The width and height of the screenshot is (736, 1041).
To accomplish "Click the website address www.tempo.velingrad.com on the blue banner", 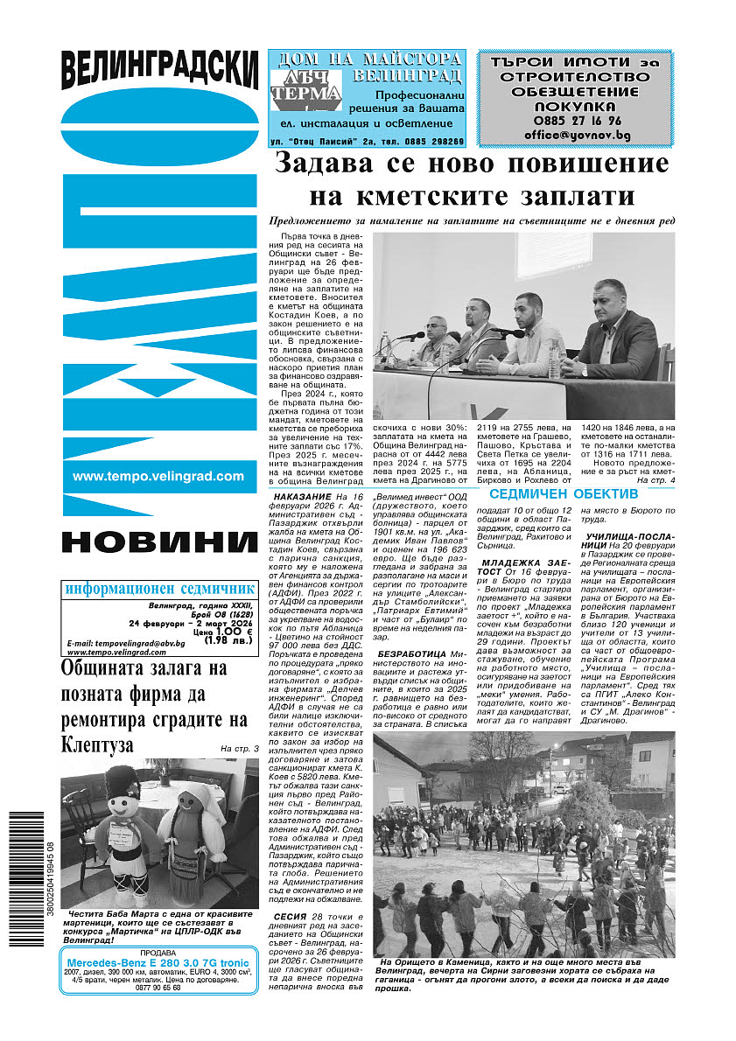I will point(158,476).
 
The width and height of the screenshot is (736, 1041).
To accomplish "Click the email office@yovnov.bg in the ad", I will point(577,136).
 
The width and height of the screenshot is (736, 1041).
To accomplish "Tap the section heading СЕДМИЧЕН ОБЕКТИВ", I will point(575,494).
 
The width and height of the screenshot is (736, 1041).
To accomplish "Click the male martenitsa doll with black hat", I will point(123,822).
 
